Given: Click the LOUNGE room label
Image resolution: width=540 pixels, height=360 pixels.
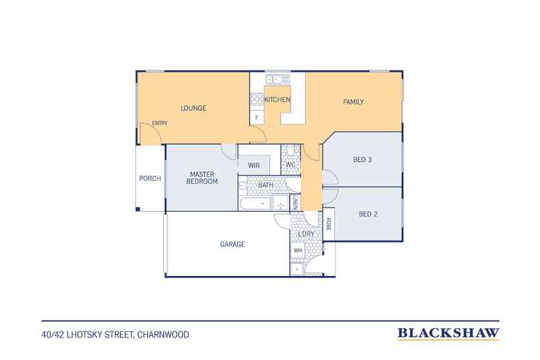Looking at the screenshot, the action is (x=193, y=108).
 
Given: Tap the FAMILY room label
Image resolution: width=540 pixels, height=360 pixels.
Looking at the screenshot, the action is (x=353, y=102).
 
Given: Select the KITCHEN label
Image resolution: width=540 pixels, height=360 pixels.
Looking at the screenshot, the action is (x=278, y=100).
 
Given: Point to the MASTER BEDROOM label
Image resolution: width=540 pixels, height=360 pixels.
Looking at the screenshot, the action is (x=202, y=178).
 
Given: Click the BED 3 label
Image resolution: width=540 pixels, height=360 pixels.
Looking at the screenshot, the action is (x=362, y=159).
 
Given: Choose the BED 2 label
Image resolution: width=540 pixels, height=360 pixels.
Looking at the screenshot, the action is (x=368, y=214).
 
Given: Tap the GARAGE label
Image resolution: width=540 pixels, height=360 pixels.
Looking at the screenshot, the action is (x=232, y=245).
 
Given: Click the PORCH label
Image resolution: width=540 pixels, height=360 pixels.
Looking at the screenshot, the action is (x=150, y=178).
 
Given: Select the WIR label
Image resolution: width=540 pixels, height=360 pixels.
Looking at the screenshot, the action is (x=254, y=165).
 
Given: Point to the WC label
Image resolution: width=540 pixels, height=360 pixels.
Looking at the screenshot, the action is (x=291, y=165).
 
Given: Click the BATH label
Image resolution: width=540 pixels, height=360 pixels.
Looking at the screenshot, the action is (x=266, y=185).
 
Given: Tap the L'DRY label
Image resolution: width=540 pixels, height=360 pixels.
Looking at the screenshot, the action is (x=306, y=234).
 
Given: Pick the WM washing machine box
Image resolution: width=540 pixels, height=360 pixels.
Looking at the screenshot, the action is (x=298, y=251).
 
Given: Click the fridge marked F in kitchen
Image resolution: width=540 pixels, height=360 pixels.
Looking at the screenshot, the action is (x=257, y=117).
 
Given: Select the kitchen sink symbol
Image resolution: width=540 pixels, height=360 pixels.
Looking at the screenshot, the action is (x=278, y=79).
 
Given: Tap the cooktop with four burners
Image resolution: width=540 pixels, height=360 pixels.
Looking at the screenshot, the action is (x=257, y=100).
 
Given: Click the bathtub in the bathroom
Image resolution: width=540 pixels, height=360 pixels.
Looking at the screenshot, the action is (x=255, y=204).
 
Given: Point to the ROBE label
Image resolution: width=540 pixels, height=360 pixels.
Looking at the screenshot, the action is (x=329, y=224).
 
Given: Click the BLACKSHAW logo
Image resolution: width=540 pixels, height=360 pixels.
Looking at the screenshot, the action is (x=448, y=333).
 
